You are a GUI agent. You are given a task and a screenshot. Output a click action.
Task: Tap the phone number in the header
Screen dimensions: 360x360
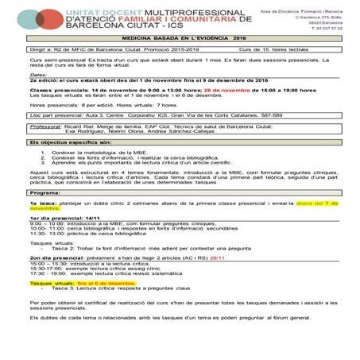tap(323, 29)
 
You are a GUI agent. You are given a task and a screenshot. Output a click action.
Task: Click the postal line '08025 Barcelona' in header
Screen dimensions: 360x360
tap(328, 22)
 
